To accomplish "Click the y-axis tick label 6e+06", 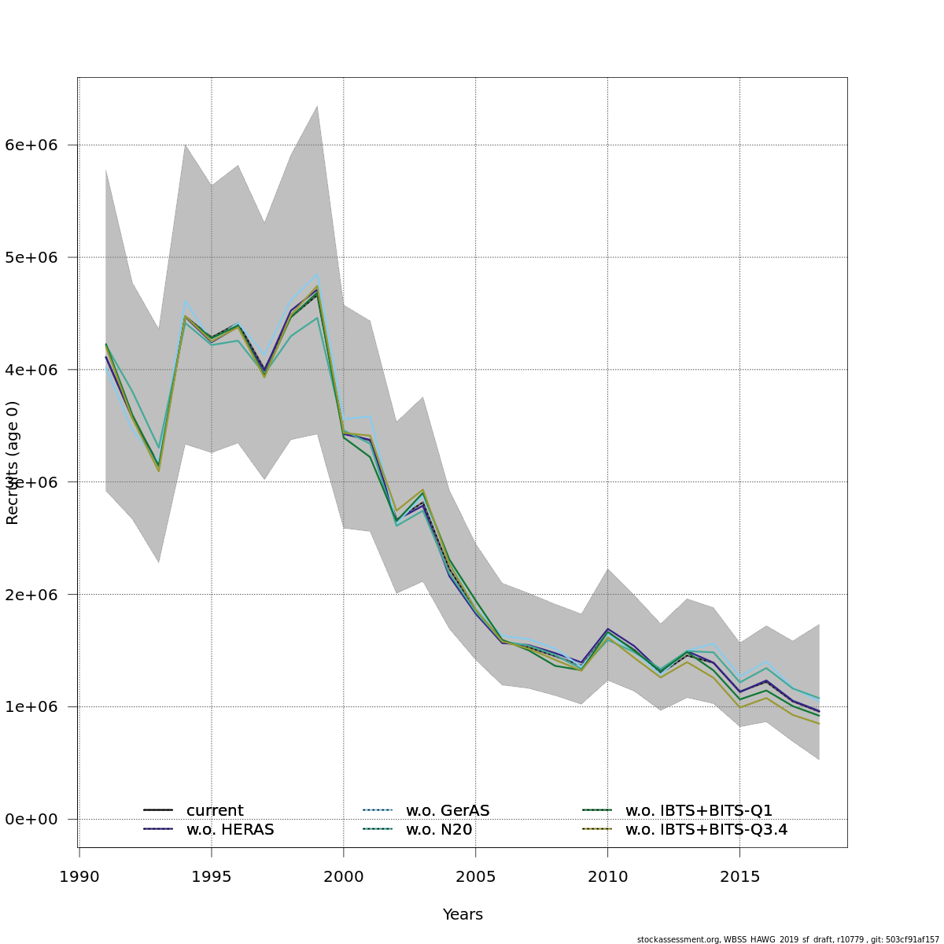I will click(x=36, y=145).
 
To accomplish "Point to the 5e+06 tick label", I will click(x=36, y=257).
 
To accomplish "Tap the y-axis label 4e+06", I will click(x=36, y=370).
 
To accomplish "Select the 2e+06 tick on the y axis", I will click(x=36, y=595).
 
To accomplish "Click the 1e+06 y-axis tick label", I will click(x=36, y=707).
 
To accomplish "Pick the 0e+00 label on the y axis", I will click(x=36, y=820).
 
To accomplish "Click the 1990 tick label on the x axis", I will click(x=79, y=876).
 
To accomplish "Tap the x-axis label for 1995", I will click(x=212, y=876).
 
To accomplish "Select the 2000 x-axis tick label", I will click(x=344, y=876).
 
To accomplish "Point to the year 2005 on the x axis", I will click(x=476, y=876).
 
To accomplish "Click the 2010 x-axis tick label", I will click(x=608, y=876).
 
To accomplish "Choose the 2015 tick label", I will click(x=740, y=876).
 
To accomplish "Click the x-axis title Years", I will click(x=463, y=915).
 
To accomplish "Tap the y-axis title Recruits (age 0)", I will click(x=13, y=463).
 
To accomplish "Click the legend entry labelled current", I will click(x=215, y=811).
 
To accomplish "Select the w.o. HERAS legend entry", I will click(x=230, y=830).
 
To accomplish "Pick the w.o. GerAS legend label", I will click(x=448, y=811).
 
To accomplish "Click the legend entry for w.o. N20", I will click(x=439, y=830).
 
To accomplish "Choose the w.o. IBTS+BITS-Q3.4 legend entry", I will click(x=706, y=830).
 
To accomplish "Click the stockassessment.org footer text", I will click(x=787, y=939).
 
